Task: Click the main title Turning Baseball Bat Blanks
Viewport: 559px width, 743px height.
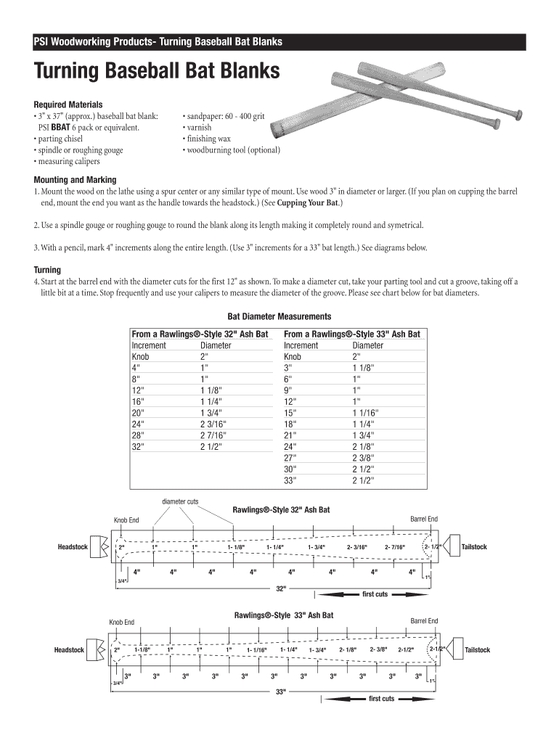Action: [x=157, y=73]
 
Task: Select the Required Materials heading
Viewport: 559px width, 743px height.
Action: [x=68, y=104]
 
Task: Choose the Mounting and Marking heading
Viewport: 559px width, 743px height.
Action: [x=76, y=180]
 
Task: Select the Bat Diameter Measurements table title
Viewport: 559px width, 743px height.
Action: [x=279, y=316]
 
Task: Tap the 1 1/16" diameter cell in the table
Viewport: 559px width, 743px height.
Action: [x=366, y=413]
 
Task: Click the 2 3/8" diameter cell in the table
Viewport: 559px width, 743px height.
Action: [x=364, y=458]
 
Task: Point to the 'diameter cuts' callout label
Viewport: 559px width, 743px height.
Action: [x=180, y=501]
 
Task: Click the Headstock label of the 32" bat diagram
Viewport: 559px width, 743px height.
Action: [x=73, y=546]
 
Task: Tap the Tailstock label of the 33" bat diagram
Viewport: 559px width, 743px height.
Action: [x=477, y=649]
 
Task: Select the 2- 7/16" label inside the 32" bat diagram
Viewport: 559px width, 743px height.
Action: [x=395, y=547]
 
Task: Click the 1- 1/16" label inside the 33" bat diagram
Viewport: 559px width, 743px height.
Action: [x=257, y=650]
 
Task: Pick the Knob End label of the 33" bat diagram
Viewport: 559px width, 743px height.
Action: [x=121, y=622]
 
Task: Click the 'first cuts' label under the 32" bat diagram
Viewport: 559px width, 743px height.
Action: [x=375, y=594]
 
